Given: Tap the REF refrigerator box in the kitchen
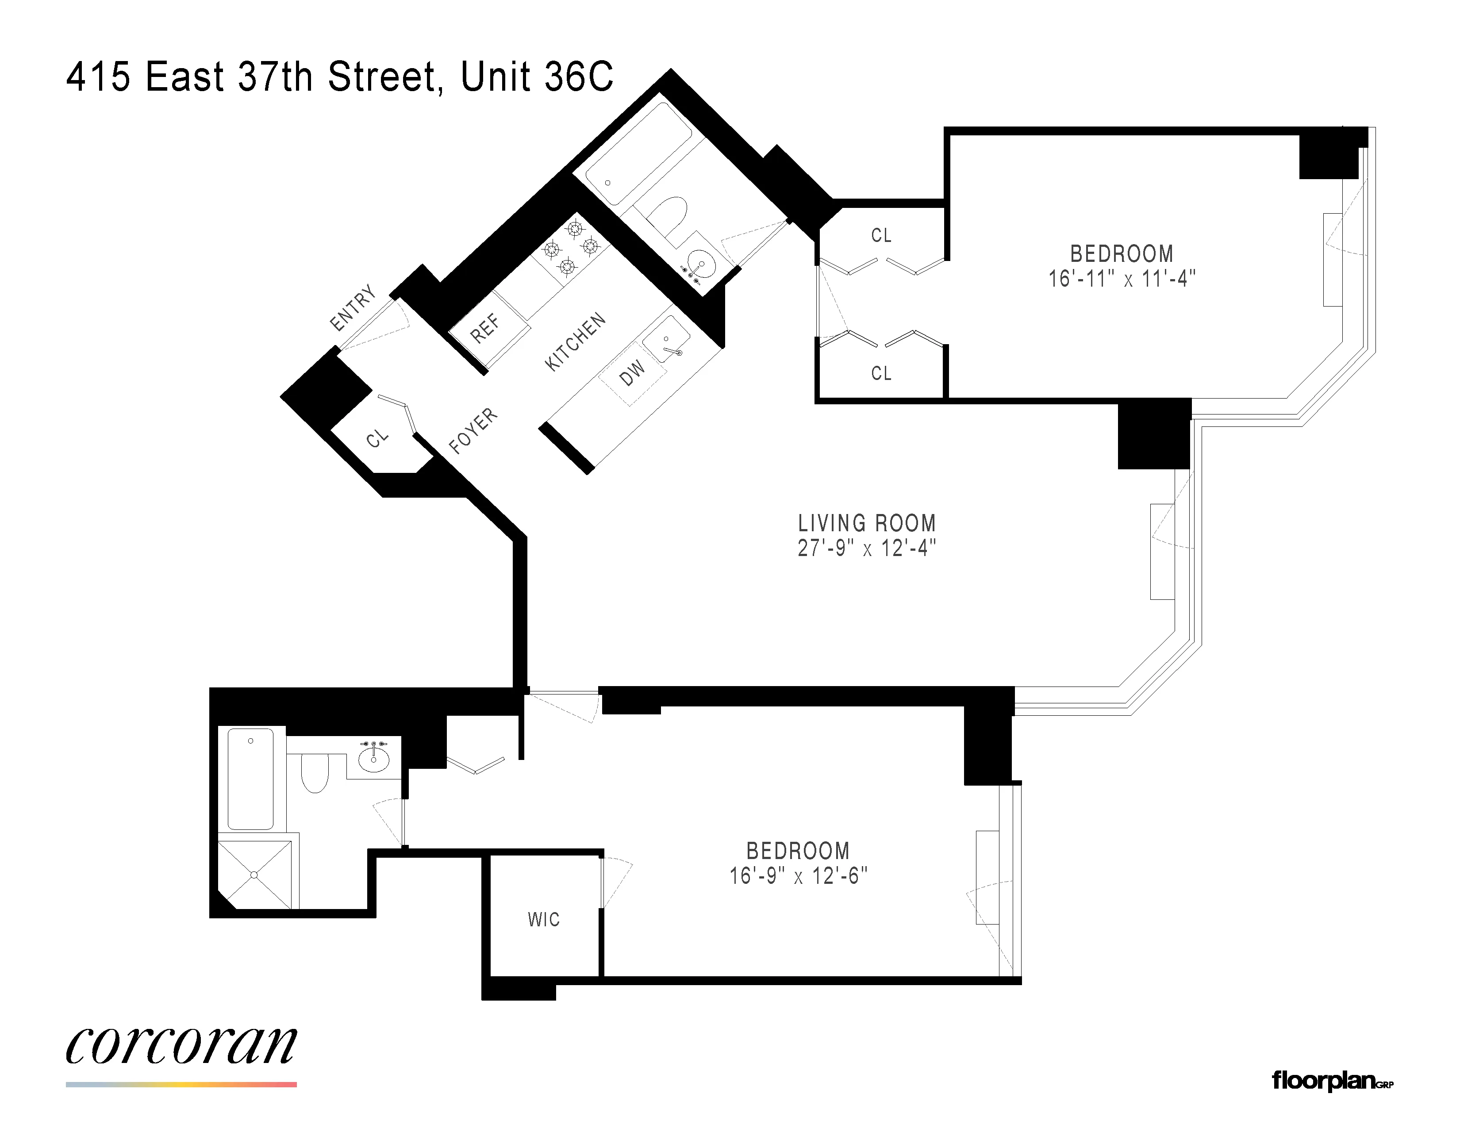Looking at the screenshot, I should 485,328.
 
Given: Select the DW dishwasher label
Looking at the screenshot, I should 632,373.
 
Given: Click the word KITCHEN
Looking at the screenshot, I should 575,341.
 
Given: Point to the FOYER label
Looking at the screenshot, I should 473,430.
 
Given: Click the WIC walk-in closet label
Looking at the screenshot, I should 543,920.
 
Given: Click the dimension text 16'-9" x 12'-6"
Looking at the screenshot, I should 798,876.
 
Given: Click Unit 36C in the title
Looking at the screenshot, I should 536,77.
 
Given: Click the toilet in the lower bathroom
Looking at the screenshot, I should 315,772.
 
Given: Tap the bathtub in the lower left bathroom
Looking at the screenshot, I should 251,779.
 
